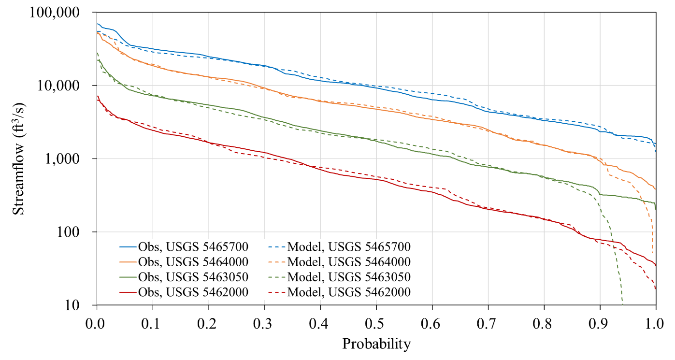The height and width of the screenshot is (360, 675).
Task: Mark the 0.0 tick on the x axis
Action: click(x=97, y=321)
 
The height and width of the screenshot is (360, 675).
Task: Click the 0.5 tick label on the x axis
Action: click(x=376, y=321)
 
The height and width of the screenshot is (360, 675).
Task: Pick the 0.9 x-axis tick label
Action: click(x=600, y=321)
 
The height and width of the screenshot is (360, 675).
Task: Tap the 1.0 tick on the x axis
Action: click(x=655, y=321)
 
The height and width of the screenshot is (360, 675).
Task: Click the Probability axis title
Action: click(x=376, y=344)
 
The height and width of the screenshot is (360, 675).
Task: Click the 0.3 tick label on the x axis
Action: click(x=265, y=321)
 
